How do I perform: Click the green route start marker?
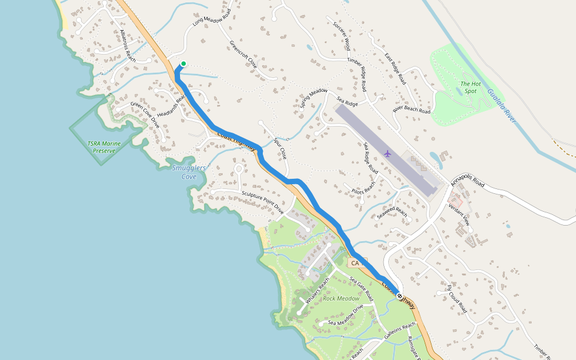pyautogui.click(x=183, y=64)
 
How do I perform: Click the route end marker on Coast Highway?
pyautogui.click(x=400, y=296)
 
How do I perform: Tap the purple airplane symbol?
pyautogui.click(x=387, y=154)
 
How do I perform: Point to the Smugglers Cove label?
pyautogui.click(x=188, y=172)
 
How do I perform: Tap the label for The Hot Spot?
pyautogui.click(x=470, y=88)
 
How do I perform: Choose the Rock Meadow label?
pyautogui.click(x=341, y=298)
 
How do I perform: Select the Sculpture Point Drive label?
pyautogui.click(x=262, y=203)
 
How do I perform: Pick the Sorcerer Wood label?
pyautogui.click(x=341, y=34)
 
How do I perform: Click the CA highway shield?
pyautogui.click(x=355, y=263)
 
